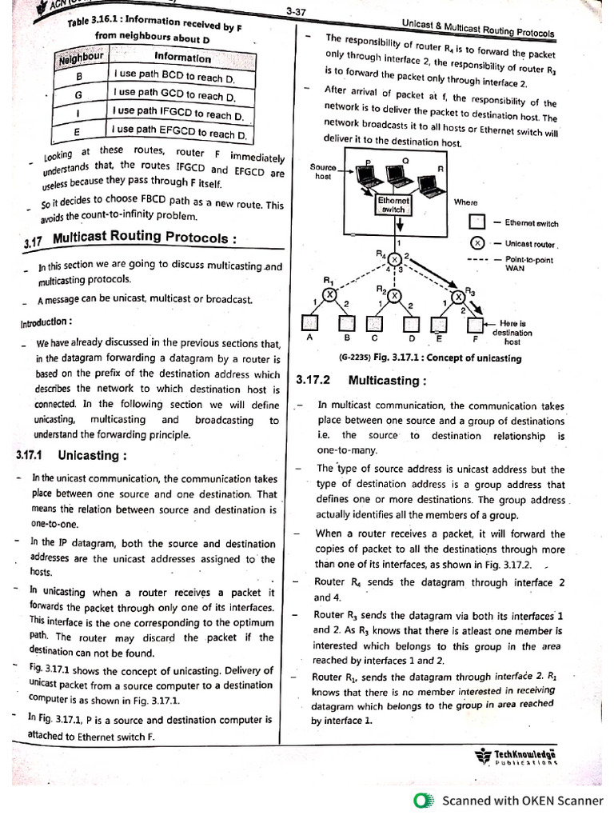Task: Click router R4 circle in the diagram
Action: pyautogui.click(x=395, y=258)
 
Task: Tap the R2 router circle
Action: pyautogui.click(x=395, y=295)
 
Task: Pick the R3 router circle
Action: pyautogui.click(x=459, y=297)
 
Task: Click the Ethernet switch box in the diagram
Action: pyautogui.click(x=394, y=205)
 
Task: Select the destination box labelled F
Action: pyautogui.click(x=476, y=324)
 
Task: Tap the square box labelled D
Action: pyautogui.click(x=413, y=324)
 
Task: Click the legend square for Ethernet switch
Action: pyautogui.click(x=476, y=222)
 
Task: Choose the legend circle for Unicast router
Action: pyautogui.click(x=476, y=243)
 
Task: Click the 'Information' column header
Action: pyautogui.click(x=183, y=58)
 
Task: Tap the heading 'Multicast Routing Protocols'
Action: pyautogui.click(x=145, y=238)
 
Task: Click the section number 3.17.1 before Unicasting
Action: pyautogui.click(x=33, y=455)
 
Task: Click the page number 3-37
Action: pyautogui.click(x=295, y=11)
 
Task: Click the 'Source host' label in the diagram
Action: pyautogui.click(x=323, y=171)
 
